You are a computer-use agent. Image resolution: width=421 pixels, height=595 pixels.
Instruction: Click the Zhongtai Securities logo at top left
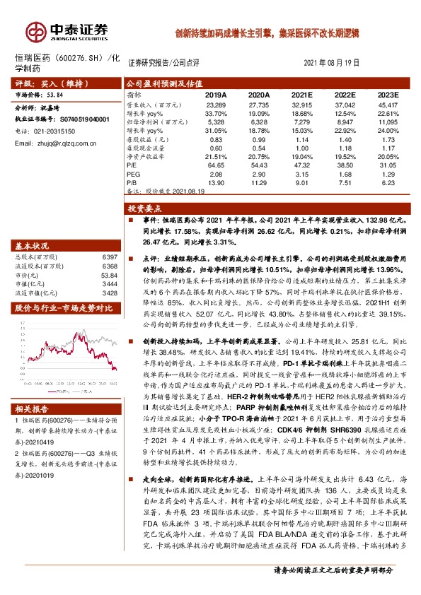tap(68, 30)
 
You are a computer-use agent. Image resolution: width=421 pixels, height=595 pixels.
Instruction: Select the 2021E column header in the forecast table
tap(303, 94)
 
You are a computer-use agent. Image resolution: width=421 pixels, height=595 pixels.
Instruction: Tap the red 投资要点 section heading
tap(144, 208)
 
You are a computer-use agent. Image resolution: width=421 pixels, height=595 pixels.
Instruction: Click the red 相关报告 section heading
tap(33, 408)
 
